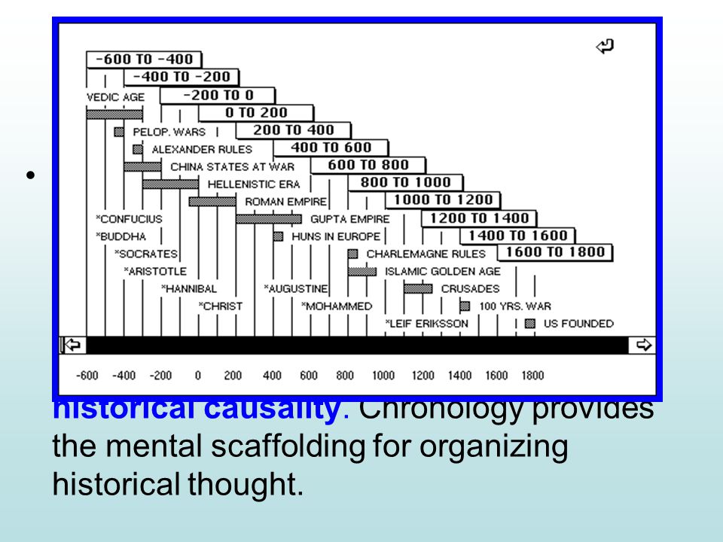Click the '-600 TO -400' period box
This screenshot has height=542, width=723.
pos(144,59)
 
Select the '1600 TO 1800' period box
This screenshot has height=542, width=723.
pos(555,252)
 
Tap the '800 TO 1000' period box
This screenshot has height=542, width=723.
pos(405,182)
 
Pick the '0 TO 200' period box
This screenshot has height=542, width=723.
pos(256,113)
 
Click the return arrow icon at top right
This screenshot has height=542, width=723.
pos(604,47)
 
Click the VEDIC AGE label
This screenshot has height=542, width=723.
pos(115,97)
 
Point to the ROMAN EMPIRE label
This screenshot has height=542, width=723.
pos(285,202)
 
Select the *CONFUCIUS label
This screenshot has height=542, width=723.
pos(129,219)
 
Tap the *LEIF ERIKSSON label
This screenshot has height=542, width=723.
pos(426,324)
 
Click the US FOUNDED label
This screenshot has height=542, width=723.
pos(578,324)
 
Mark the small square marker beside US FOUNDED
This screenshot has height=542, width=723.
pos(530,324)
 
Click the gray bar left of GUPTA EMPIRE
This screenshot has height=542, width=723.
pos(268,219)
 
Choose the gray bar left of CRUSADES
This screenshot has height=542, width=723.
pos(418,288)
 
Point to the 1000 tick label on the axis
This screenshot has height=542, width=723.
pos(383,376)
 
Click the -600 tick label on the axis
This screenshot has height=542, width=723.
pos(88,376)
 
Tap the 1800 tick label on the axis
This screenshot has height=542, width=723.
pos(532,376)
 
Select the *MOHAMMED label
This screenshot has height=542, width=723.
pos(337,306)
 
